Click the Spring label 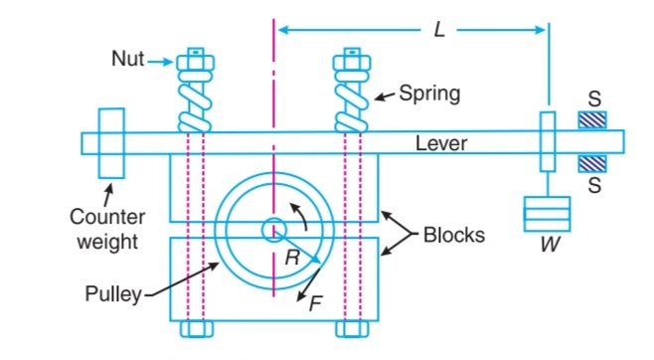tap(428, 95)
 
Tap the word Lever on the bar tap(441, 144)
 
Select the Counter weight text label tap(107, 226)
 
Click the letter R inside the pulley tap(289, 256)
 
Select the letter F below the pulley tap(315, 304)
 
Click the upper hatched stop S tap(594, 120)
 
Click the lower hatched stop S tap(594, 161)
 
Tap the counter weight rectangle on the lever tap(110, 143)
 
